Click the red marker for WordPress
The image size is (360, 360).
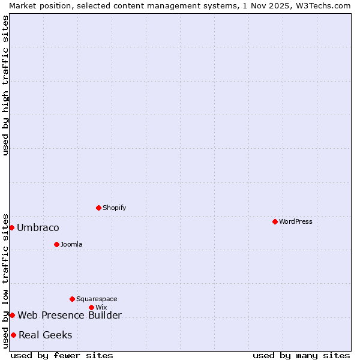(275, 222)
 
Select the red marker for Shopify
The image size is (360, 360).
(99, 208)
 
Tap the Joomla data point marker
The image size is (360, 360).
(57, 245)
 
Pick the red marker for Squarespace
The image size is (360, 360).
(73, 299)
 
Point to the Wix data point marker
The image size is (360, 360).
(91, 308)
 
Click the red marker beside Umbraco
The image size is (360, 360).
(11, 228)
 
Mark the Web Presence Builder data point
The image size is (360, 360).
(12, 316)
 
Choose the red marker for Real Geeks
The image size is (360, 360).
(13, 335)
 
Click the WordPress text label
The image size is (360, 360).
(295, 222)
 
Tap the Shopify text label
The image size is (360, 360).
(114, 208)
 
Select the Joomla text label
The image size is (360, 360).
(71, 245)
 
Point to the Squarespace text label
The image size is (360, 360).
(97, 299)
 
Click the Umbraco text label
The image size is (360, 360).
(38, 228)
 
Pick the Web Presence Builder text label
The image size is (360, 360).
(70, 316)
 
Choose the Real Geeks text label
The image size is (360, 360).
(46, 335)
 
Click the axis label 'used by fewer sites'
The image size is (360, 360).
(62, 355)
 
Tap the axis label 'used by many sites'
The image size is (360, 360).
(301, 355)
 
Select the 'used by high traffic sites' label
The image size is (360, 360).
(6, 85)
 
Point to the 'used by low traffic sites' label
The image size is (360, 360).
(6, 281)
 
